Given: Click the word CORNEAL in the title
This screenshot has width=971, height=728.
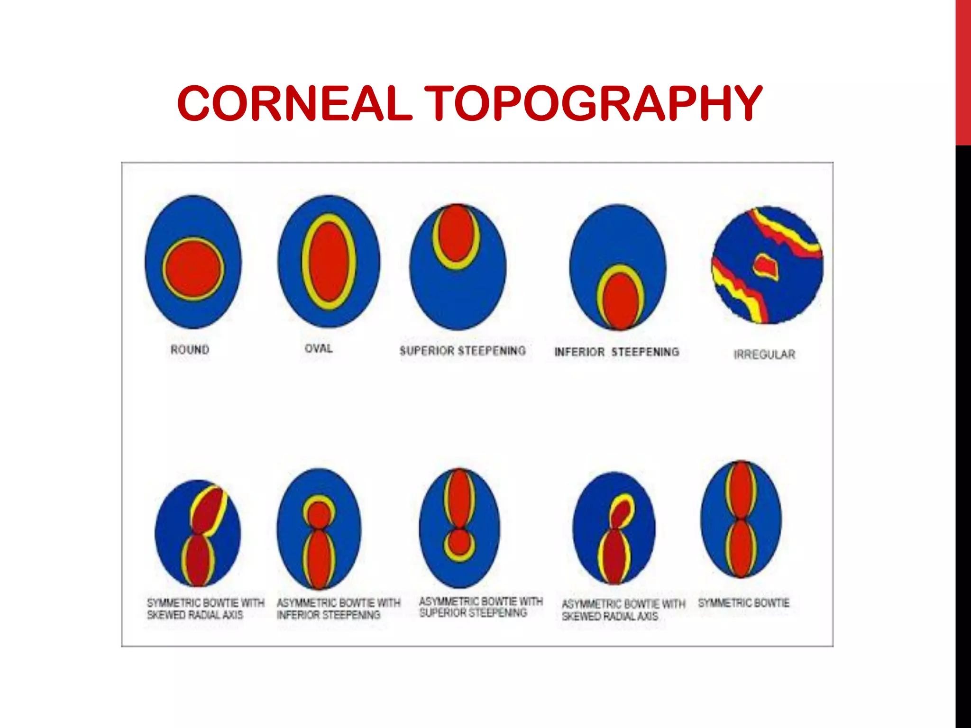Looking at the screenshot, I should (x=294, y=103).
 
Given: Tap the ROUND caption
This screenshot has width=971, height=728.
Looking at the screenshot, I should (x=190, y=350).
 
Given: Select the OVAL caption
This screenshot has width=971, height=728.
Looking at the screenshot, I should (x=319, y=348).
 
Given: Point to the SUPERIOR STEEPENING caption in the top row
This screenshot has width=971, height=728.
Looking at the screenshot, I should (x=463, y=351).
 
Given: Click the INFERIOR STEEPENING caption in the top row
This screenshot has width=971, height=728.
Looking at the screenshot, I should (x=617, y=352).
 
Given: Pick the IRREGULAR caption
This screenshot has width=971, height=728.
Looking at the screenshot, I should (x=764, y=355).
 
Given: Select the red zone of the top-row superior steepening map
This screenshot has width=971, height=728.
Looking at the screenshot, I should (x=456, y=233).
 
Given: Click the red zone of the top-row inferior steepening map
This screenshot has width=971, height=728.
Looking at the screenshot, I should (x=618, y=301).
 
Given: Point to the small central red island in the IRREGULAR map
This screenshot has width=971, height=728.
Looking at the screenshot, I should (x=765, y=265).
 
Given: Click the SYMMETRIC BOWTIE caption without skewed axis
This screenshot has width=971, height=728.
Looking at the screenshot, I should (x=743, y=603).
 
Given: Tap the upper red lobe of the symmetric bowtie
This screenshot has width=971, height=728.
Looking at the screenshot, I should (x=741, y=491).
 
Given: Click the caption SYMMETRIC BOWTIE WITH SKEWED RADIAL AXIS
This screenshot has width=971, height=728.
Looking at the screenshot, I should (x=205, y=609).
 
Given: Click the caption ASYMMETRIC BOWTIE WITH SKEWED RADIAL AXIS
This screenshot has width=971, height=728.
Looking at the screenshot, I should (x=623, y=610).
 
